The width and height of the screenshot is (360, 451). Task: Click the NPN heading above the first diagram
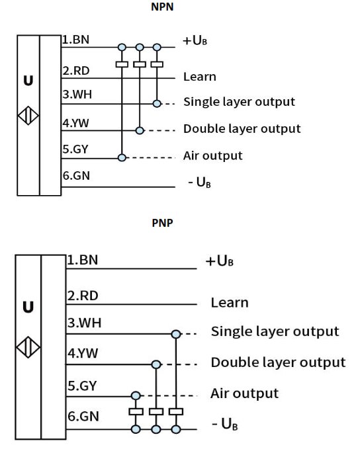pos(162,7)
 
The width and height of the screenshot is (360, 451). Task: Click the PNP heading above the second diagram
pos(162,223)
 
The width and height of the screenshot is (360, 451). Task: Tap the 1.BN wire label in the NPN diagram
pos(76,40)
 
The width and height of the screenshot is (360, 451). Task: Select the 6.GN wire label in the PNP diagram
pos(83,416)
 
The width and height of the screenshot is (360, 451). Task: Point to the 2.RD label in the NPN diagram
pos(76,71)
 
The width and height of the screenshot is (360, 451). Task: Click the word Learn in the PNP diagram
pos(230,303)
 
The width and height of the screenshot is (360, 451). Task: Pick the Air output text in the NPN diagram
pos(213,155)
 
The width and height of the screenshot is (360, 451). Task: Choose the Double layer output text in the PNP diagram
pos(279,362)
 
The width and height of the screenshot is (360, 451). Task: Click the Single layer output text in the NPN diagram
pos(240,102)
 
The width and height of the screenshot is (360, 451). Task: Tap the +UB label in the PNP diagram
pos(219,261)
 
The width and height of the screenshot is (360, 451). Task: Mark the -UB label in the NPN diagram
pos(199,182)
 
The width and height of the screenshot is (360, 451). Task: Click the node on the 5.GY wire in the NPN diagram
pos(122,157)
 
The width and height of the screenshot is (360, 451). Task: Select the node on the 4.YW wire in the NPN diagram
pos(140,130)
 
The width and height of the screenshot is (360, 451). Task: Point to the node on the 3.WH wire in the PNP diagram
pos(176,334)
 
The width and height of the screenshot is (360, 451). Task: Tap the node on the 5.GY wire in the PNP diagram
pos(136,395)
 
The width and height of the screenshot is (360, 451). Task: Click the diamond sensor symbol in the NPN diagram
pos(28,116)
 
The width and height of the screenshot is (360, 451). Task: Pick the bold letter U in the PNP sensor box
pos(28,307)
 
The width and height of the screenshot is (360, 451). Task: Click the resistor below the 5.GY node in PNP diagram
pos(136,411)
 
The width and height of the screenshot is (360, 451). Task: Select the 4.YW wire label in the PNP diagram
pos(83,353)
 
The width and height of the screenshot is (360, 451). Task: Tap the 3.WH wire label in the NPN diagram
pos(77,95)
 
